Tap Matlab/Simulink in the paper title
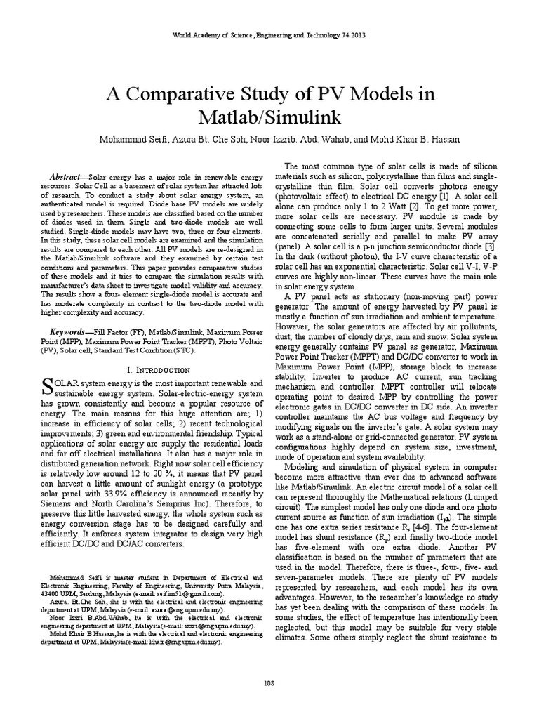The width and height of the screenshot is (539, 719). click(269, 117)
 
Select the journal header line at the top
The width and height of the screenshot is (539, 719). click(269, 34)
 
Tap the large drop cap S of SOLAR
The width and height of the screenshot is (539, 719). click(48, 385)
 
